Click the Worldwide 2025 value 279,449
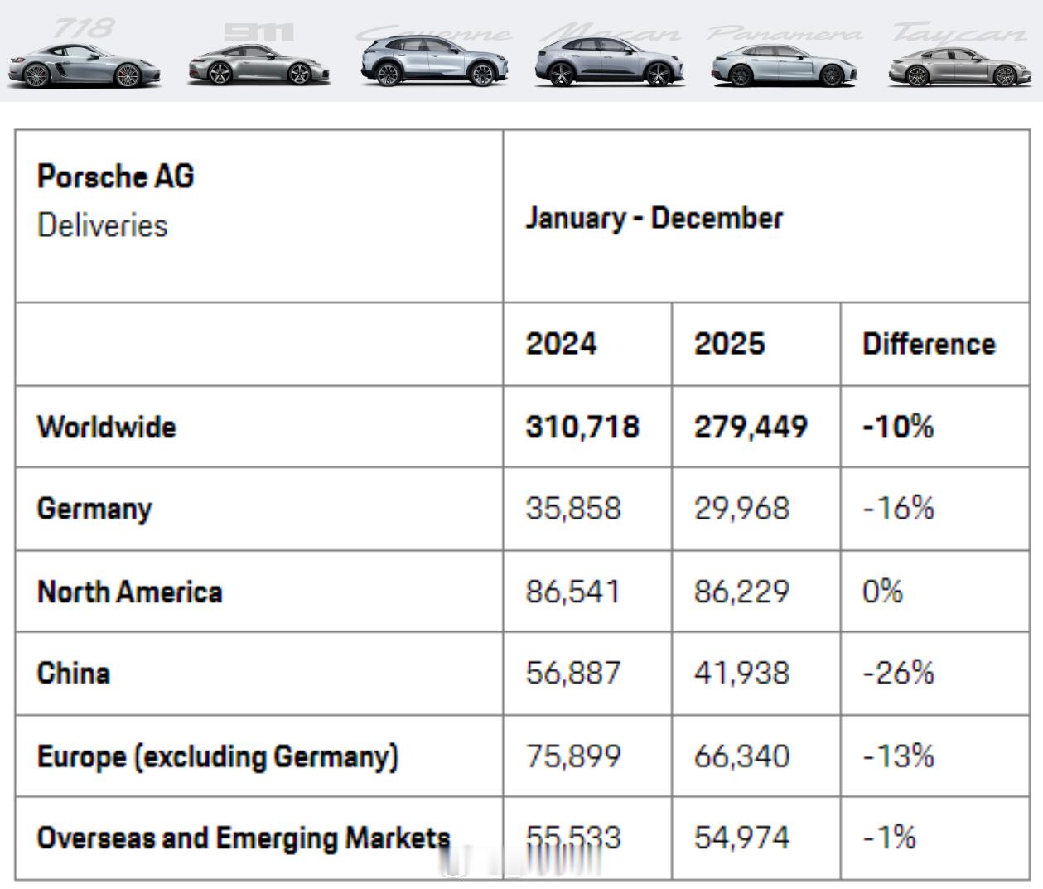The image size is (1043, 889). (751, 427)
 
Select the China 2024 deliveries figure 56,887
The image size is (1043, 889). (573, 673)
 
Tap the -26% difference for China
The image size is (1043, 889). (898, 673)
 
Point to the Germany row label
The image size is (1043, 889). (94, 509)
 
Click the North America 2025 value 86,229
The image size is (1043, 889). (741, 592)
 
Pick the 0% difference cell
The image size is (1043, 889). (882, 592)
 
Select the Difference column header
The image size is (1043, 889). (929, 344)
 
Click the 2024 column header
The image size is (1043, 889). (561, 344)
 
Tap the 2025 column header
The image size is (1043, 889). (729, 344)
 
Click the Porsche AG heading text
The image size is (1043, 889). (116, 176)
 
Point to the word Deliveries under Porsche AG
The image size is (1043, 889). (103, 225)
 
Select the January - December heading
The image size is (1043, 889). (654, 218)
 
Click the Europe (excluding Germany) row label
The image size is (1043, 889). (218, 756)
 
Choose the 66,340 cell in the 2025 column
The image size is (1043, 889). (741, 756)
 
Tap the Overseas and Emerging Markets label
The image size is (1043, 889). (244, 838)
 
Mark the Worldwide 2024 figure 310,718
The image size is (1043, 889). (582, 427)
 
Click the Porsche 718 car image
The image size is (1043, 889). (84, 67)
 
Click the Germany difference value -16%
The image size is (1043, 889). (898, 509)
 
